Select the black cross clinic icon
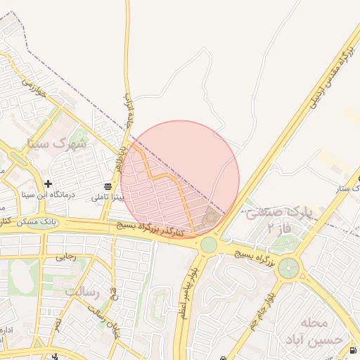pyautogui.click(x=48, y=184)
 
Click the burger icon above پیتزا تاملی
pyautogui.click(x=108, y=186)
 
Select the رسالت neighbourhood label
pyautogui.click(x=83, y=290)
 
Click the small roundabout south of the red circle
pyautogui.click(x=208, y=245)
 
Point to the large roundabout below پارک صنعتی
pyautogui.click(x=288, y=268)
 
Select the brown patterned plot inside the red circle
pyautogui.click(x=210, y=219)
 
